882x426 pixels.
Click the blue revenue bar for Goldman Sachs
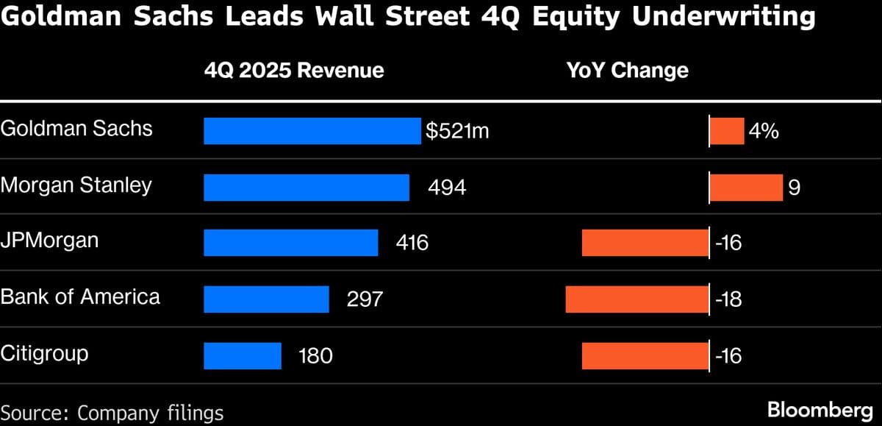(312, 132)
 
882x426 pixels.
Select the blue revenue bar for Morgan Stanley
(306, 188)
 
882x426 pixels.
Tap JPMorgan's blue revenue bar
(291, 243)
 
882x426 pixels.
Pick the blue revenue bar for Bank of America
(266, 299)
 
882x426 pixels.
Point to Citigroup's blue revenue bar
(243, 355)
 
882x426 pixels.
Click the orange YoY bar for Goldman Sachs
(727, 132)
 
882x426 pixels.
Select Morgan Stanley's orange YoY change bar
(746, 188)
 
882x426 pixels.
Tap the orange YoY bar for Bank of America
(637, 299)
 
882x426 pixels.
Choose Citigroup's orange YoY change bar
(645, 355)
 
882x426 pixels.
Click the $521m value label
(457, 132)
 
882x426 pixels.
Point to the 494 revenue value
(447, 188)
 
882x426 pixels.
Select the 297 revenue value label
(365, 299)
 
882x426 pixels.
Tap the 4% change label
(764, 132)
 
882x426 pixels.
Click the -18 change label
(728, 299)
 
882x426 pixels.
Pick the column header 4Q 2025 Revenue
(294, 70)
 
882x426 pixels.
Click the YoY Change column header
(627, 70)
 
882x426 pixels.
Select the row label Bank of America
(80, 297)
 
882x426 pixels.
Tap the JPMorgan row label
(49, 241)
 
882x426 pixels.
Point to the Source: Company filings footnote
(112, 412)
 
